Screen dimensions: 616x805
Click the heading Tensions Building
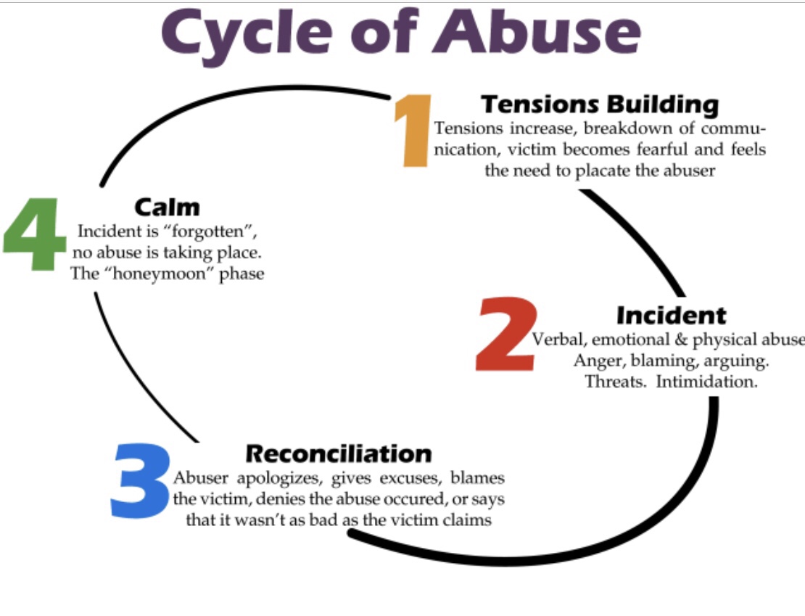(x=599, y=104)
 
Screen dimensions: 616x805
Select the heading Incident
(x=671, y=315)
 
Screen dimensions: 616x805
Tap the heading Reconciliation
(x=339, y=453)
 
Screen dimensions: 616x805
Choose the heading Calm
(x=167, y=207)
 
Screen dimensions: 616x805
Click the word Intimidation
(x=706, y=382)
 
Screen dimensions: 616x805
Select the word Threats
(x=616, y=382)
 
